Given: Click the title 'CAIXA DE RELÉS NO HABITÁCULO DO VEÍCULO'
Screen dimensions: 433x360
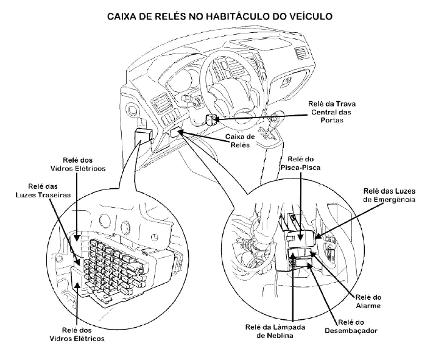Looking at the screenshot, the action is pyautogui.click(x=219, y=16).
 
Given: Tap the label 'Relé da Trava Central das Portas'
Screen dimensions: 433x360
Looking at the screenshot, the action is pyautogui.click(x=332, y=112).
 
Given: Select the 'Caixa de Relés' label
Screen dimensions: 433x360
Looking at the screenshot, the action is pyautogui.click(x=240, y=141).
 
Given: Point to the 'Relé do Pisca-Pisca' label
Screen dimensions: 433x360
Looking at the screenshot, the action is pyautogui.click(x=300, y=163).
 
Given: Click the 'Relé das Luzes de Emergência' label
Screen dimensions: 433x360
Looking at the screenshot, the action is pyautogui.click(x=389, y=196).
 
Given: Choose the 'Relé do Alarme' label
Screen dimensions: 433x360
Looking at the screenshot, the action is pyautogui.click(x=368, y=302).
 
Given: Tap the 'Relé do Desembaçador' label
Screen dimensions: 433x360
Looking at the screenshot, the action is pyautogui.click(x=351, y=326).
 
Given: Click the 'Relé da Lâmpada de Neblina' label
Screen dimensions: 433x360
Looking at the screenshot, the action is pyautogui.click(x=275, y=331).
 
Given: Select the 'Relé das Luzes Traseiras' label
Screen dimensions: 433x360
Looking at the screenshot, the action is pyautogui.click(x=43, y=191).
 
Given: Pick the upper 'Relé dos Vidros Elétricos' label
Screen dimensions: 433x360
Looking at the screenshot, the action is pyautogui.click(x=78, y=164).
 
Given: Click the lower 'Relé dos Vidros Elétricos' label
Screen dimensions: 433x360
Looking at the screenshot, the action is pyautogui.click(x=77, y=334).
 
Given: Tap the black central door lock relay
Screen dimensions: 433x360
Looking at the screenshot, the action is pyautogui.click(x=211, y=119).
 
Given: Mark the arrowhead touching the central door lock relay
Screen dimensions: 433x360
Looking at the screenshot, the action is pyautogui.click(x=217, y=119).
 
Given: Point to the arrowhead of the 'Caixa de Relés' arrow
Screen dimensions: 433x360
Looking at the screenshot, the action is pyautogui.click(x=181, y=132).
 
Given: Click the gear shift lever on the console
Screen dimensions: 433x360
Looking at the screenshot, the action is pyautogui.click(x=273, y=122).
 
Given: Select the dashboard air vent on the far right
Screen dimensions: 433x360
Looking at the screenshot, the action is pyautogui.click(x=300, y=54).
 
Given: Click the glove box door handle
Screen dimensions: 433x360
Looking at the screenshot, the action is pyautogui.click(x=286, y=82).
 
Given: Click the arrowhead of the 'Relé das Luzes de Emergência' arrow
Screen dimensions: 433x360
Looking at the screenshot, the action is pyautogui.click(x=318, y=236).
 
